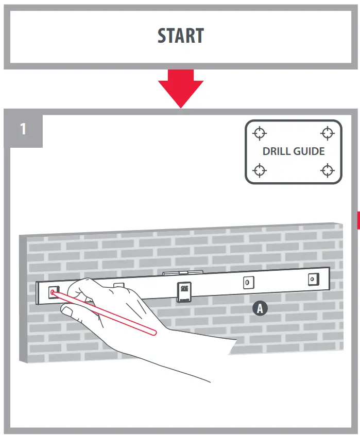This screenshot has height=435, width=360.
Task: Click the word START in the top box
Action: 180,36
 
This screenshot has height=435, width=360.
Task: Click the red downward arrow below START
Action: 180,88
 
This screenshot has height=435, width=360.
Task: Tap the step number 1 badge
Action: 23,128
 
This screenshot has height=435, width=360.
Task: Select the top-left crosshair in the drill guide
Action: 260,133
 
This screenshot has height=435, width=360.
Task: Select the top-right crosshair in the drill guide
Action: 327,133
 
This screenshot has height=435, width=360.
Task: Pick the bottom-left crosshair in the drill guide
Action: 260,169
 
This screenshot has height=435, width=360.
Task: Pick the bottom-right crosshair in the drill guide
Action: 327,169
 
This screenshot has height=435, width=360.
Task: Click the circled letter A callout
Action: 260,308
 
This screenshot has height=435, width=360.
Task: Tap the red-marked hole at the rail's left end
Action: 53,292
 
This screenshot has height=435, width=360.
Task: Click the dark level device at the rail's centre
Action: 184,292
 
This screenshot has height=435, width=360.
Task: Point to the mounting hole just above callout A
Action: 247,283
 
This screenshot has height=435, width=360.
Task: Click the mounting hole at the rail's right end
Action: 312,279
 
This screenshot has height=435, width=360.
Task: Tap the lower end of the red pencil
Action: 153,332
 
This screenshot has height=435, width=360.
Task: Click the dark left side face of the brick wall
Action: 23,299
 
